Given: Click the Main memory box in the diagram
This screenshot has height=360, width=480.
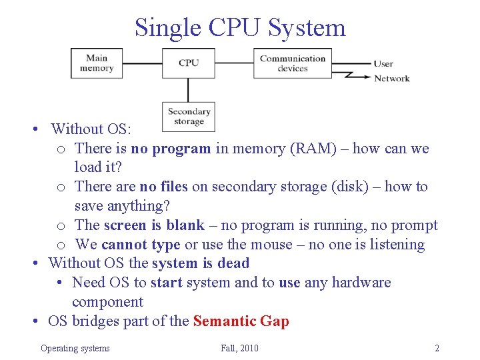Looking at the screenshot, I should point(97,63).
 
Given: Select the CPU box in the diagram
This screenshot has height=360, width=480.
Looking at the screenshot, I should point(189,63).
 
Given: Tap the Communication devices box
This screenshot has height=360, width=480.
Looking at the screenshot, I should point(292,63).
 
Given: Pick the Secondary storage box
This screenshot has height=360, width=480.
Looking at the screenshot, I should point(189,117).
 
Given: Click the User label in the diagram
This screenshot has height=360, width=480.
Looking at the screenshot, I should point(383,64).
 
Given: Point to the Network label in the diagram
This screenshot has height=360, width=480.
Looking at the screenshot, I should point(391,79).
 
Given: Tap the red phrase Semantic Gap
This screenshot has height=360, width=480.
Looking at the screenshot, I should point(241,321).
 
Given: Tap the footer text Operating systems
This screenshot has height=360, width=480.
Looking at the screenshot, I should point(75,348).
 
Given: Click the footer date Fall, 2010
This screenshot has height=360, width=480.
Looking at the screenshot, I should point(239,348).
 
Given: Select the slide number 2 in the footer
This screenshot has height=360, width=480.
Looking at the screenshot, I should point(437,348).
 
